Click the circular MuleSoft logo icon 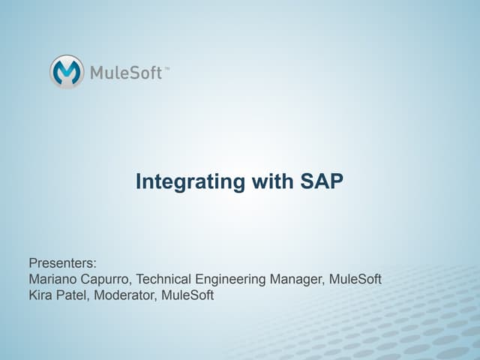[x=67, y=72]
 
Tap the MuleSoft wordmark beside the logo [x=125, y=73]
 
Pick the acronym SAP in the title [x=321, y=181]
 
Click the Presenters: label [x=63, y=263]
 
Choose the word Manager [x=298, y=280]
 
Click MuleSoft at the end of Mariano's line [x=355, y=280]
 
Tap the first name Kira [x=40, y=296]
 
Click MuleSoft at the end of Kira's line [x=187, y=296]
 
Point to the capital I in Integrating [x=139, y=181]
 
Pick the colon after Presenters [x=96, y=265]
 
